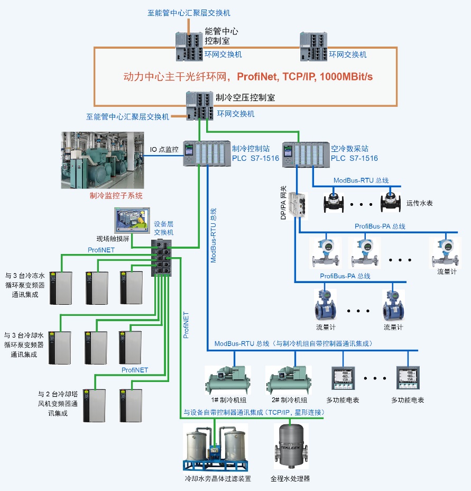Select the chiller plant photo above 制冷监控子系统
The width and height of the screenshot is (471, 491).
pyautogui.click(x=102, y=160)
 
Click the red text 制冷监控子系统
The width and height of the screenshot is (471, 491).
pyautogui.click(x=116, y=196)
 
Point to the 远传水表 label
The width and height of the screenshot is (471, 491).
pyautogui.click(x=420, y=203)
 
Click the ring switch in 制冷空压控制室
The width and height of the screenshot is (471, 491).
pyautogui.click(x=200, y=105)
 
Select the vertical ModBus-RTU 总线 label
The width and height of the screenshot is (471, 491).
pyautogui.click(x=214, y=235)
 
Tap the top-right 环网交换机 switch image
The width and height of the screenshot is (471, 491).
pyautogui.click(x=312, y=47)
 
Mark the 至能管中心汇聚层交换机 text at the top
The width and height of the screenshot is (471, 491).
pyautogui.click(x=189, y=13)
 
